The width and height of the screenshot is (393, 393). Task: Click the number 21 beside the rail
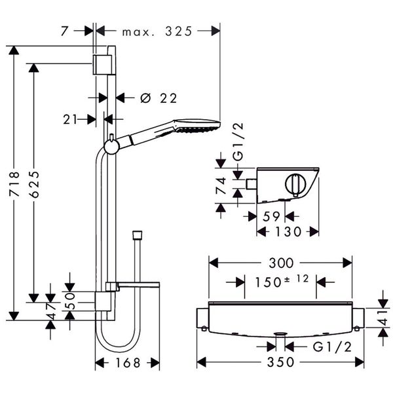click(x=71, y=119)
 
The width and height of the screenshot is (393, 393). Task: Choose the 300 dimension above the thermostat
click(x=280, y=263)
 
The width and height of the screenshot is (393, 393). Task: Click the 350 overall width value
click(x=281, y=362)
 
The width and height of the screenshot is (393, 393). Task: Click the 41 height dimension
click(x=384, y=317)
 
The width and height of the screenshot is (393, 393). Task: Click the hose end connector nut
click(x=137, y=233)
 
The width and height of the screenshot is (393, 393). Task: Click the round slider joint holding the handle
click(x=113, y=145)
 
